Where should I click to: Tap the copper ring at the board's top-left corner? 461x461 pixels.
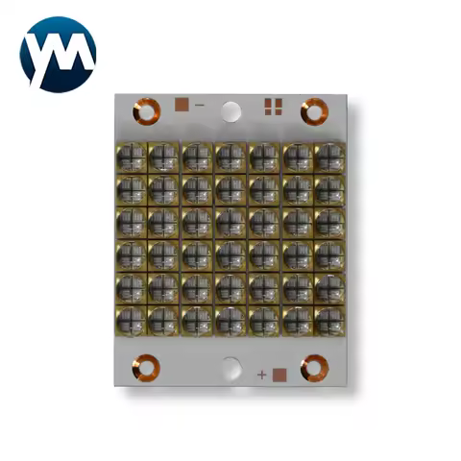point(147,113)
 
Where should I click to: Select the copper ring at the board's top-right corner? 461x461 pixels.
point(312,111)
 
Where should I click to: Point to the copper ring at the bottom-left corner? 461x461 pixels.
point(148,365)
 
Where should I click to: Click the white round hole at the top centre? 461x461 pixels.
point(230,111)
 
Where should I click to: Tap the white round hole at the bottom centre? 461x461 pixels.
point(231,366)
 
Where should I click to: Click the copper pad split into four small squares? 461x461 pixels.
point(273,105)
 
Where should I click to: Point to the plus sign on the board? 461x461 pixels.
point(261,373)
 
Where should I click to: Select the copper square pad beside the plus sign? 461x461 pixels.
point(279,374)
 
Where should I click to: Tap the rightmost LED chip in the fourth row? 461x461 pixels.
point(328,255)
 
